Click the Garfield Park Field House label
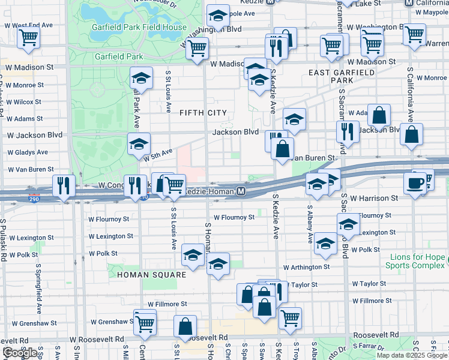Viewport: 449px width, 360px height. (139, 28)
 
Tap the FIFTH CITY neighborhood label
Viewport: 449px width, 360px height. (202, 112)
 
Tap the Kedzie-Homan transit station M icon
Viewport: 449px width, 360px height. (241, 191)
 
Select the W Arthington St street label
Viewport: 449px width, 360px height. (307, 267)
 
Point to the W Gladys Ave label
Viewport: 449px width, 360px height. (27, 152)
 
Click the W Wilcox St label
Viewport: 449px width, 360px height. (24, 102)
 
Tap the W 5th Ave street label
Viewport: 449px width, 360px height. (158, 154)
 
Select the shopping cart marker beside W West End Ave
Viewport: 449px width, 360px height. (28, 37)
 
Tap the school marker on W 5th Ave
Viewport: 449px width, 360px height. (138, 144)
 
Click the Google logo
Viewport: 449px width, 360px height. (20, 353)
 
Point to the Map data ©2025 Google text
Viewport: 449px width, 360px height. (412, 355)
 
